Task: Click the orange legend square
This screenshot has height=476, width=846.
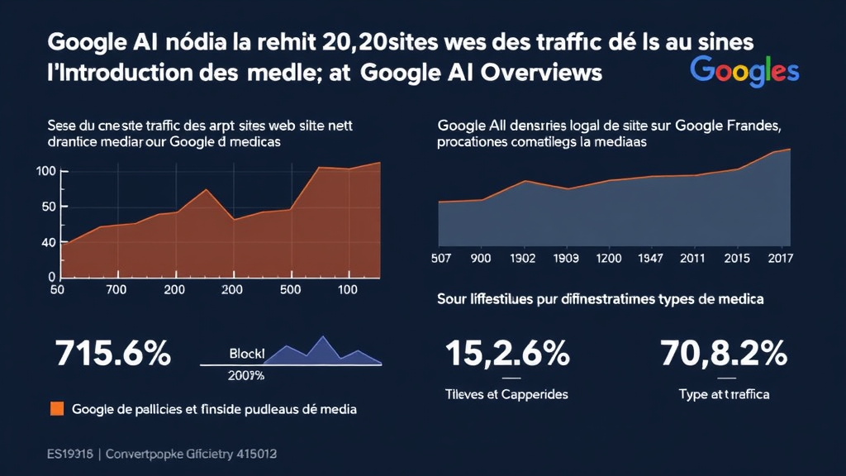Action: (x=57, y=408)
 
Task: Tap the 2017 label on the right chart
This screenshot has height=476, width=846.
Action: (x=779, y=258)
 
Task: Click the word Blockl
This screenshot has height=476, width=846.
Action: (x=246, y=354)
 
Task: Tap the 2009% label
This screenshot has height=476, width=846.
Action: (x=245, y=375)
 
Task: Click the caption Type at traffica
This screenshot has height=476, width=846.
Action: (x=724, y=394)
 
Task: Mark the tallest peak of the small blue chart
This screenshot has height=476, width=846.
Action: (x=322, y=337)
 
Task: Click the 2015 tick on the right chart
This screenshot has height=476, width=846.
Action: (x=735, y=258)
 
